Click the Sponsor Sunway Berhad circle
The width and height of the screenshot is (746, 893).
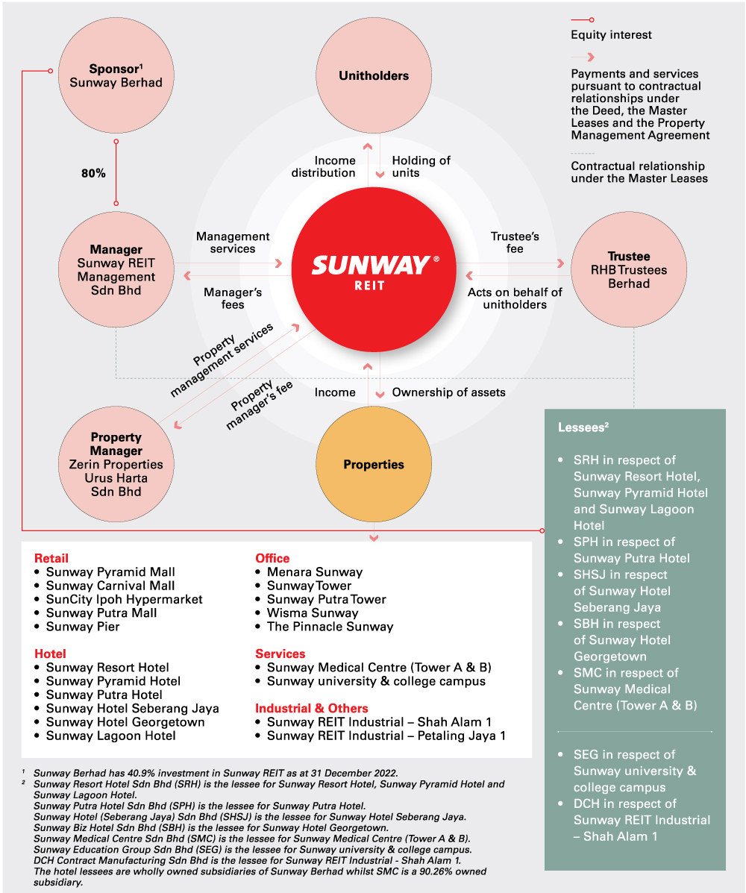[x=116, y=75]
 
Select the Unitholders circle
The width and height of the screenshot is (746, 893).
[x=374, y=75]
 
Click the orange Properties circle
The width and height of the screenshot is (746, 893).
[x=374, y=465]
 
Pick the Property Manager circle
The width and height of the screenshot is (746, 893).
[x=116, y=464]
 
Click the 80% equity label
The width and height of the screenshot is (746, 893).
[x=93, y=173]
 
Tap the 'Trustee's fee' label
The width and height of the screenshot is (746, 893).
[x=515, y=242]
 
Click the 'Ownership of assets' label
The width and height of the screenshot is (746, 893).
[x=448, y=392]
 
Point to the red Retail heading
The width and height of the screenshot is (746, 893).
[x=51, y=558]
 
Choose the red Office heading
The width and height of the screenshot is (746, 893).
[x=272, y=558]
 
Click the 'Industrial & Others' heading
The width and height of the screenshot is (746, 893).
[x=312, y=708]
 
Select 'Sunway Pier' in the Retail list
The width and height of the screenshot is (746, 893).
[x=83, y=627]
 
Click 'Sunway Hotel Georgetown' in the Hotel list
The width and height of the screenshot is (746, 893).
[x=125, y=722]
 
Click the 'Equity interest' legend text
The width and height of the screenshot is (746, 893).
[x=611, y=35]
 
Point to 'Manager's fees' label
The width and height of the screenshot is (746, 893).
[x=233, y=299]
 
